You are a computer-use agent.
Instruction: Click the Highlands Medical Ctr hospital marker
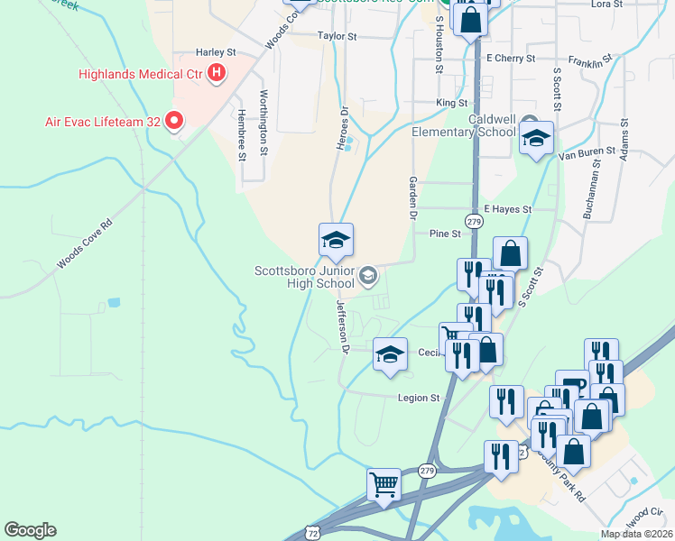(x=217, y=74)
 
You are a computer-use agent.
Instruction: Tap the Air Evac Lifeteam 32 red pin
(x=174, y=121)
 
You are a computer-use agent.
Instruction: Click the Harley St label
(x=216, y=53)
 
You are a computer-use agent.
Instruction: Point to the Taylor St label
(x=337, y=37)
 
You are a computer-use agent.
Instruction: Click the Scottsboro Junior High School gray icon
(x=368, y=275)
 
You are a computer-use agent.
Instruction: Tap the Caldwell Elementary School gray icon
(x=530, y=124)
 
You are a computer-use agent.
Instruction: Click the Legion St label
(x=419, y=397)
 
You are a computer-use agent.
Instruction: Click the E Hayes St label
(x=508, y=208)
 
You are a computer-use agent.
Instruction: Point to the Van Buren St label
(x=587, y=154)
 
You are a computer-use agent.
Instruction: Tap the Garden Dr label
(x=414, y=198)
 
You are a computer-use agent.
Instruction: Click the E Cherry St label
(x=511, y=58)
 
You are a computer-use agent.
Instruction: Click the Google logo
(x=30, y=530)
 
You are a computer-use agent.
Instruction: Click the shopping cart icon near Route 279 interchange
(x=384, y=484)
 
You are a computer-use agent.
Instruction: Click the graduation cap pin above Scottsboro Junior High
(x=336, y=240)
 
